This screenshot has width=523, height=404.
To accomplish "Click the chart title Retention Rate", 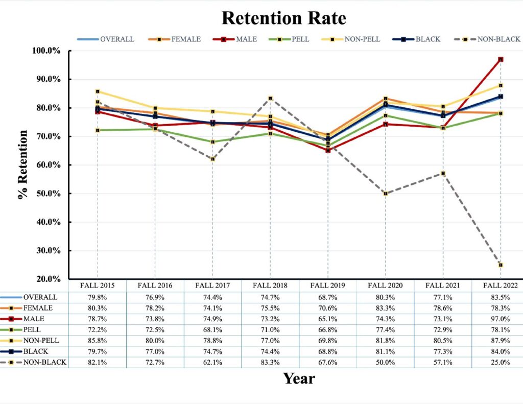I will (283, 18).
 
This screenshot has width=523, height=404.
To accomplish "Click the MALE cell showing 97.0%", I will (501, 319).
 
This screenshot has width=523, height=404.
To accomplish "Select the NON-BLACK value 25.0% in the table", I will (501, 362).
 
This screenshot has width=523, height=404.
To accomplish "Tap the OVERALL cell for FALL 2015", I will (97, 297).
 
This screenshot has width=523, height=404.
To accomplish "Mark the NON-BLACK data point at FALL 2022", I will (501, 265).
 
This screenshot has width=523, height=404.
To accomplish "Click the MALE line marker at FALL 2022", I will (501, 59).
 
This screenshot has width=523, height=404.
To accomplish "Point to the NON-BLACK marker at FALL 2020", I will (385, 194).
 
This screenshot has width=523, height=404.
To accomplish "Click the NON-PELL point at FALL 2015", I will (98, 91).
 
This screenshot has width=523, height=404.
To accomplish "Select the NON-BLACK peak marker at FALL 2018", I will (270, 99).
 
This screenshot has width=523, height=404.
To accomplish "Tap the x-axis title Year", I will (299, 378).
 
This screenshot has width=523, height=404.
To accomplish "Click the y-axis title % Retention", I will (23, 165).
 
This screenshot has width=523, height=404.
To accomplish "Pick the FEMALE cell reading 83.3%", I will (385, 308).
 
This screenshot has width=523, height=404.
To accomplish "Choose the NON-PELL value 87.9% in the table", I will (501, 340).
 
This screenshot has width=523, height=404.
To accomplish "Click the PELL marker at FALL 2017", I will (212, 142).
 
